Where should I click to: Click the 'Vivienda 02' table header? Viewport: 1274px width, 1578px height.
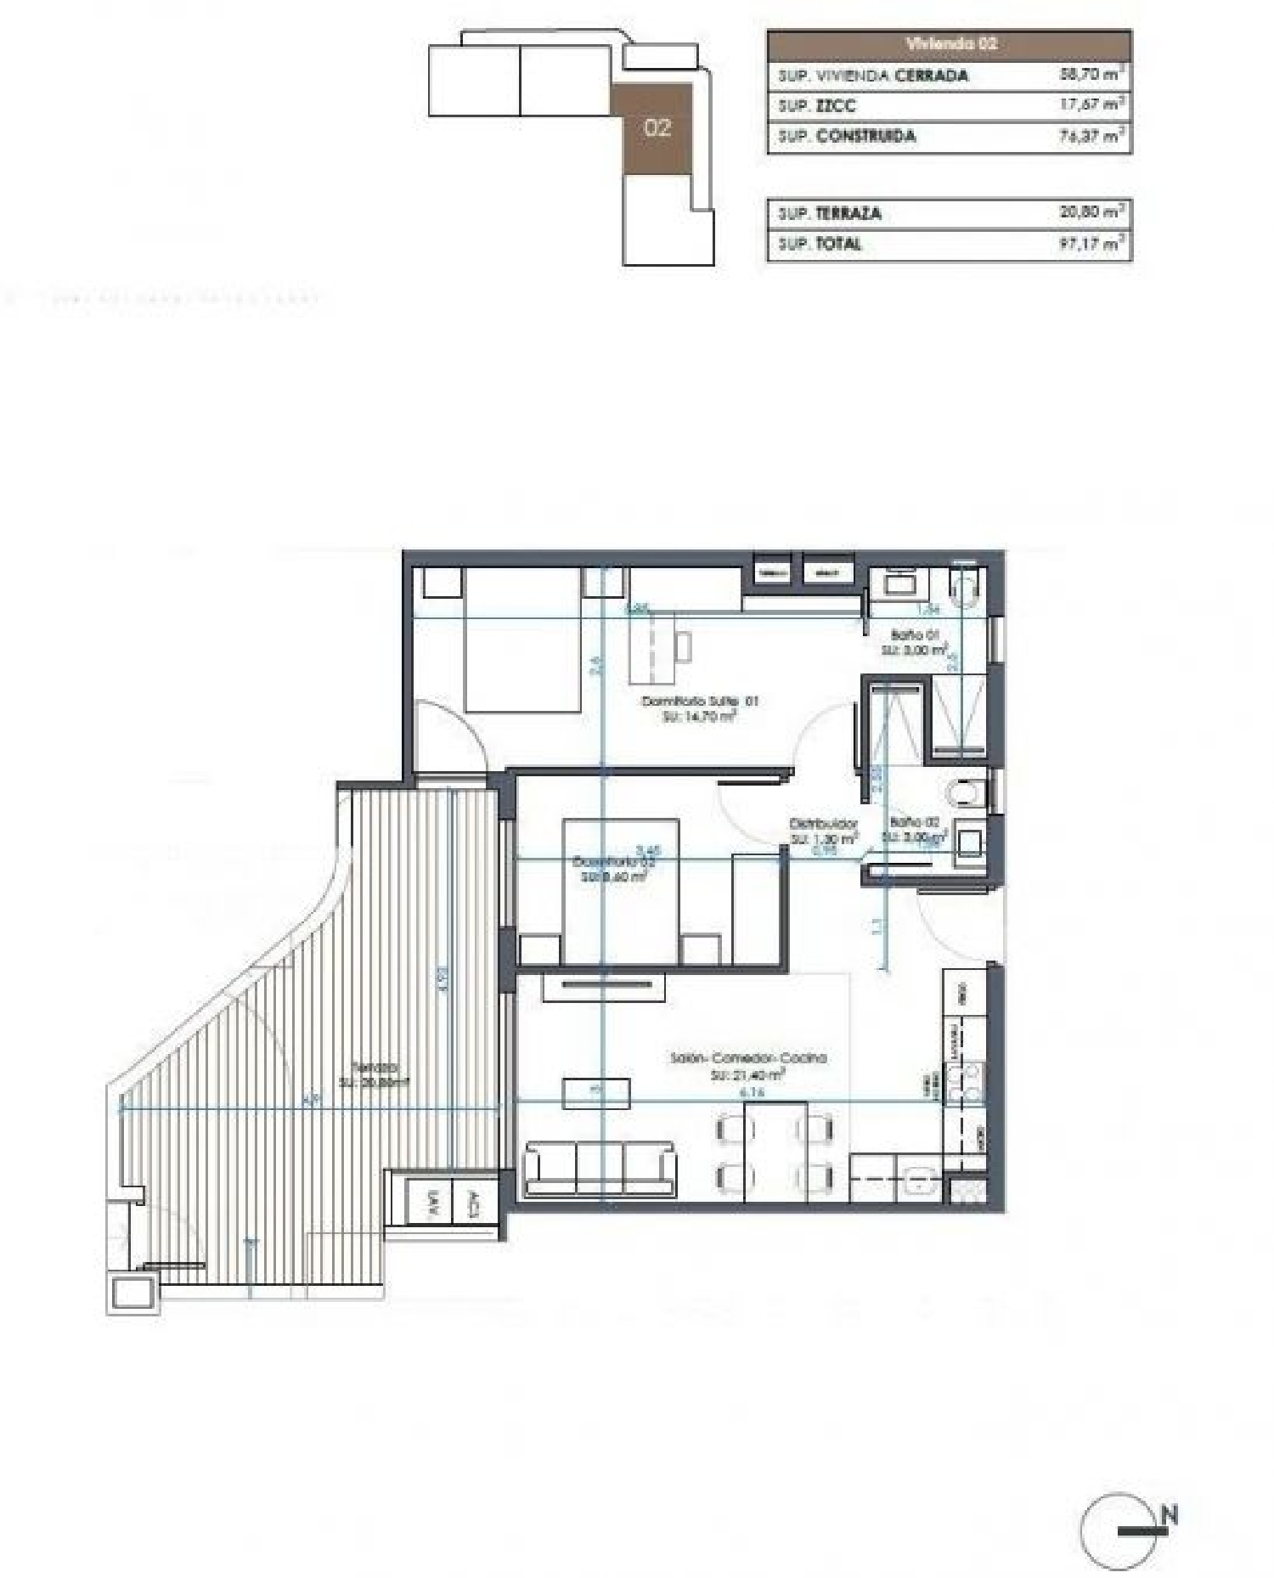click(x=950, y=43)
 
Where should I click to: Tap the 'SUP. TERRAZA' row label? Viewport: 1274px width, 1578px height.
click(x=829, y=213)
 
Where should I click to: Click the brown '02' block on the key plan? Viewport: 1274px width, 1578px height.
click(x=657, y=128)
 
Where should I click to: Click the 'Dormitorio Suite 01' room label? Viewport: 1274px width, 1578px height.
click(x=699, y=702)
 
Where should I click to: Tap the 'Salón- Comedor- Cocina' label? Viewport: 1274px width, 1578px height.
click(x=748, y=1058)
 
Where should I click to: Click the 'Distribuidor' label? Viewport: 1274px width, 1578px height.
click(x=823, y=823)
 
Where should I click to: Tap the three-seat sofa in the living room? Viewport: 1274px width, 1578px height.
click(x=600, y=1168)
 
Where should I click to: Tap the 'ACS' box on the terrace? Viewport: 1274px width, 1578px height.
click(x=475, y=1202)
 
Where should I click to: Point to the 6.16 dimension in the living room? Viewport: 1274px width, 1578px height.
click(x=753, y=1092)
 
